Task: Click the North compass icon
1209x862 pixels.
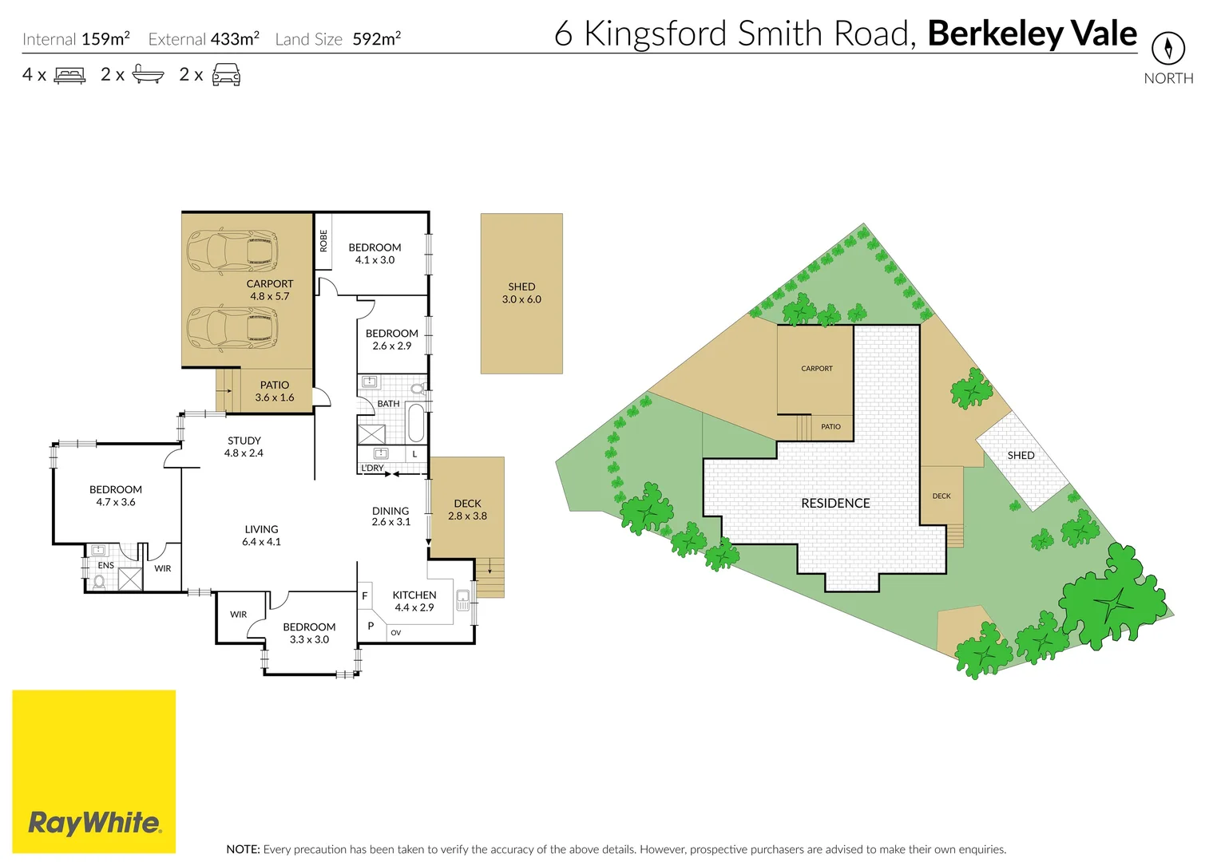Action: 1167,49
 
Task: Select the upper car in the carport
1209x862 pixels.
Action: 232,251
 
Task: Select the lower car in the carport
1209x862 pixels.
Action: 232,327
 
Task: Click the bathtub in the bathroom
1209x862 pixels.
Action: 416,422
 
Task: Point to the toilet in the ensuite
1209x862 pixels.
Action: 99,582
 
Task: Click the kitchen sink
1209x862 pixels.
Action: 462,599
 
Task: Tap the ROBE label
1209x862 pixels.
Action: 323,240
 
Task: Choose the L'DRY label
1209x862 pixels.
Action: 372,468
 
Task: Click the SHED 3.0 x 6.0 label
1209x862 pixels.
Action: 521,293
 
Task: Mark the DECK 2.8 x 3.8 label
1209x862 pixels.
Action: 467,509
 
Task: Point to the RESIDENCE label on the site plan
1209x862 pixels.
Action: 835,503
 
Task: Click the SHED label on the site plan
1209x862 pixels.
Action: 1021,455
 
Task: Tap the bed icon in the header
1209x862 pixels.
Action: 69,75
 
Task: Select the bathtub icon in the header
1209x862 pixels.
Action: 148,75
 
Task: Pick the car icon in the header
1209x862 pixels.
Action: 226,75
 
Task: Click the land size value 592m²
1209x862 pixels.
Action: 377,38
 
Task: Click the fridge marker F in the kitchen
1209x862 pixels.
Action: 365,595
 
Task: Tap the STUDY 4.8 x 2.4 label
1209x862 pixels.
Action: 244,446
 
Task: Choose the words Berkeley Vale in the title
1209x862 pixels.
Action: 1032,34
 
